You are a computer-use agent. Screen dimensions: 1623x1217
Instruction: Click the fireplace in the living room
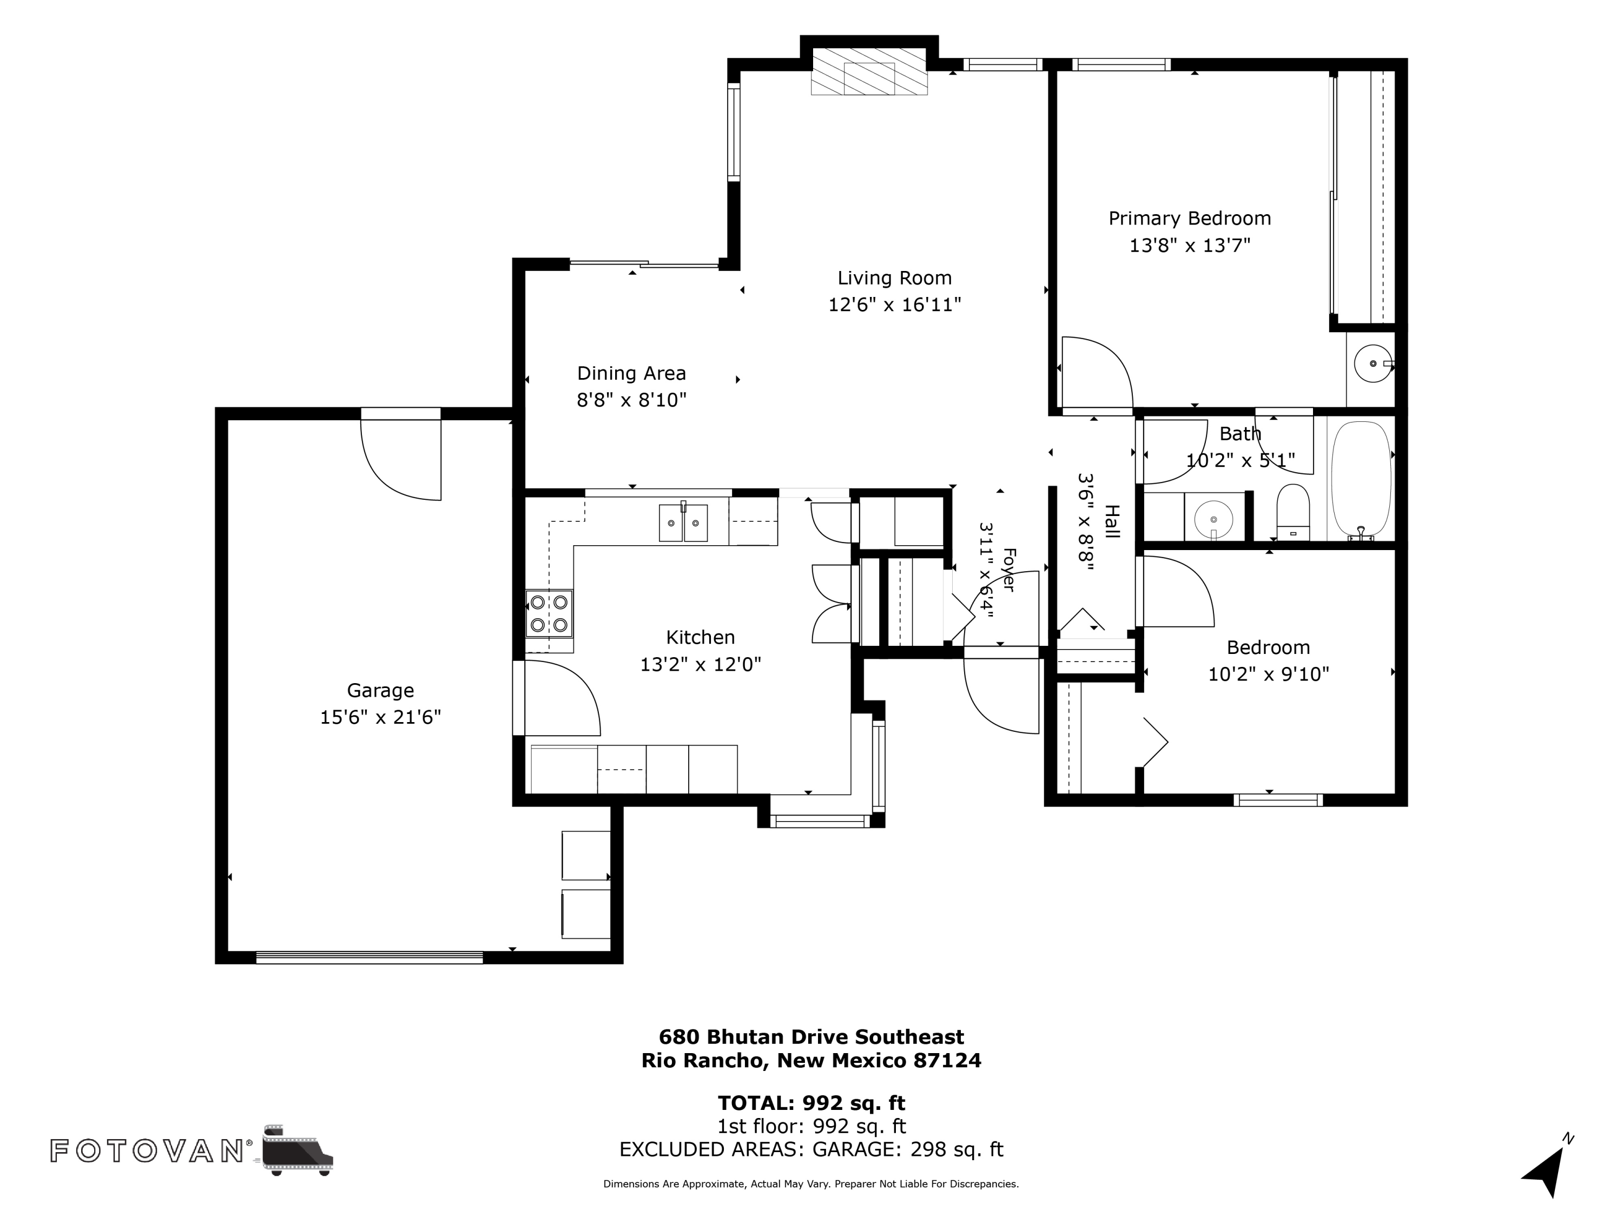[869, 71]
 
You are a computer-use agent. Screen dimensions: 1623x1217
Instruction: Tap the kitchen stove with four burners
[549, 613]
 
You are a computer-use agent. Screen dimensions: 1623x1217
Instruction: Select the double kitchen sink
[683, 522]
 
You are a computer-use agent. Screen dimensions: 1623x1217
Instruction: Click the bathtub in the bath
[1361, 480]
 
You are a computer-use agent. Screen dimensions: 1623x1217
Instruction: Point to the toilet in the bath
[1293, 512]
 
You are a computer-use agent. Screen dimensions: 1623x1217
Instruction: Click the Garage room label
[380, 690]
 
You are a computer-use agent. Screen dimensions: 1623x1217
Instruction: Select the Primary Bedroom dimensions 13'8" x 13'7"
[1189, 245]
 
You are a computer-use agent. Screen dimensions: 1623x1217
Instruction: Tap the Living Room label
[894, 278]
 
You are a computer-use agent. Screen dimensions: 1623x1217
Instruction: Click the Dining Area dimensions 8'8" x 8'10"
[632, 400]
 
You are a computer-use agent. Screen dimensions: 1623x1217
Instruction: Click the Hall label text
[1112, 521]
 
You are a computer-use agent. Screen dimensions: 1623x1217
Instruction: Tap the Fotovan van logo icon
[297, 1149]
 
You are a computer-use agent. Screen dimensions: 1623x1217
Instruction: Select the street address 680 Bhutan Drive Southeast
[811, 1036]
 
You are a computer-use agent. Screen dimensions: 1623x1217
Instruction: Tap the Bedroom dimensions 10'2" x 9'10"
[1269, 674]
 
